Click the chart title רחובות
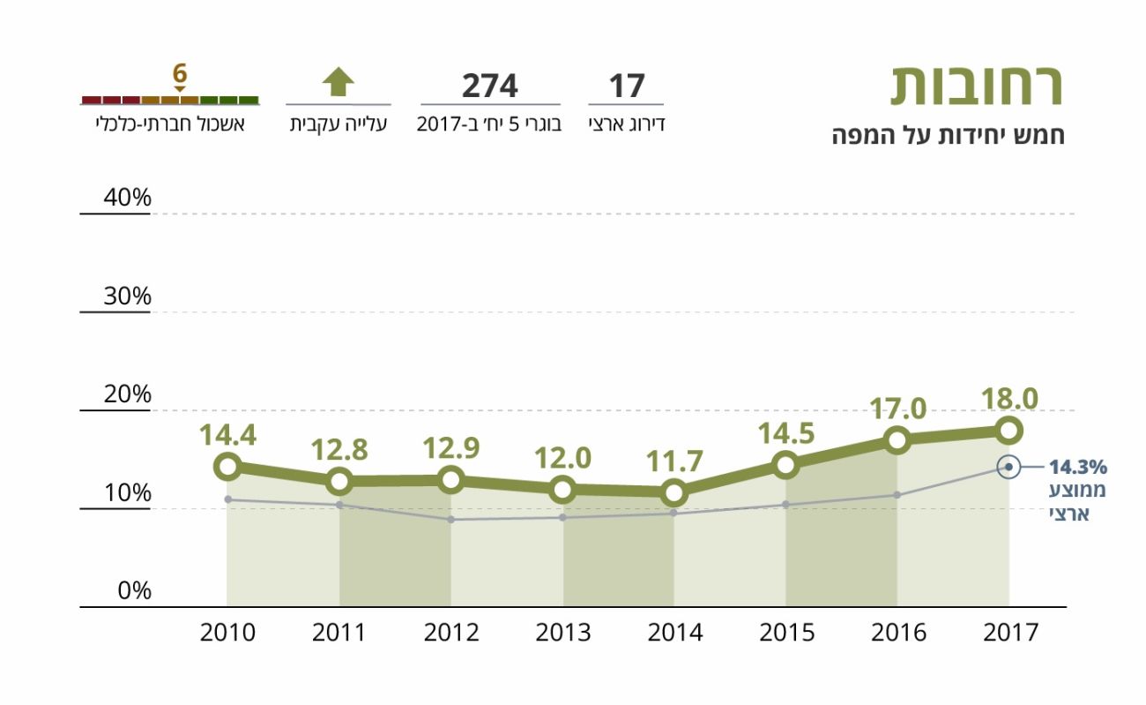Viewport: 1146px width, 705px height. coord(977,86)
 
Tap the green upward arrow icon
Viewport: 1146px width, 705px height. coord(338,82)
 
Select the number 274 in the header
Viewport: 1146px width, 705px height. coord(489,86)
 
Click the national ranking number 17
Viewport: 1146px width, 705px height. coord(627,86)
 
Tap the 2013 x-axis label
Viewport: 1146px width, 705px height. coord(563,633)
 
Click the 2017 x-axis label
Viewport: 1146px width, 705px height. coord(1010,633)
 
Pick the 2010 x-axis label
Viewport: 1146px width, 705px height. coord(227,633)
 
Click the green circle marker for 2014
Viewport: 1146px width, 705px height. coord(674,492)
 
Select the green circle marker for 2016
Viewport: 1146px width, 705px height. coord(897,439)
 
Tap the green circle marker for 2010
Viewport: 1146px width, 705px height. coord(227,466)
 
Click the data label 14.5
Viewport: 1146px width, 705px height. coord(785,434)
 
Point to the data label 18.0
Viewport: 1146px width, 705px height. coord(1010,399)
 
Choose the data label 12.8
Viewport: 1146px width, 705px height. coord(339,450)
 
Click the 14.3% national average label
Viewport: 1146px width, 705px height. coord(1077,468)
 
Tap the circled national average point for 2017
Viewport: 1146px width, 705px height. coord(1008,467)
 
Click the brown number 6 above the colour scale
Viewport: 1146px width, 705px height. coord(180,72)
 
